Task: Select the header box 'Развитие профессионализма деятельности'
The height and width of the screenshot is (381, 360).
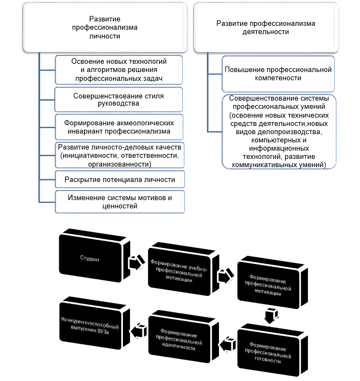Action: point(266,27)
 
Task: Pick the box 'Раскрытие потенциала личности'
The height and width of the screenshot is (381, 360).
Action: point(120,180)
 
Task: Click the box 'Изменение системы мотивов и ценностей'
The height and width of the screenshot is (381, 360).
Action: point(120,202)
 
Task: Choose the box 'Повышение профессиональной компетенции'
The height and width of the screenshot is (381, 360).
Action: point(278,74)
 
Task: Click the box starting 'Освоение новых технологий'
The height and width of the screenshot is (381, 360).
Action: point(119,69)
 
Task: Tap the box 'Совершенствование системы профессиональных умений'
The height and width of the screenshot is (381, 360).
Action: point(278,131)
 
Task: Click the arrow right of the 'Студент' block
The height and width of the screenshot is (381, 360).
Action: point(135,263)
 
